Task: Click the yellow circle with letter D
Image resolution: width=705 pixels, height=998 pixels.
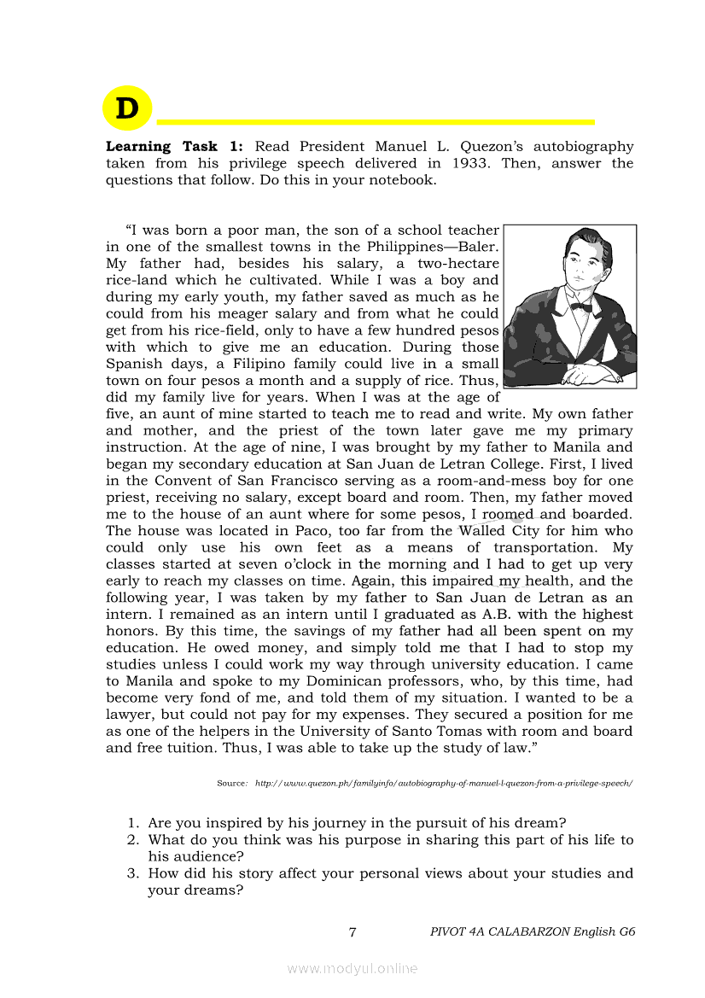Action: click(126, 108)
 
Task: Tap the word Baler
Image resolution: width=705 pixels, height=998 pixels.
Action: click(477, 247)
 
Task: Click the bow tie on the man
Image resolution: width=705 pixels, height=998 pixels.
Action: click(581, 306)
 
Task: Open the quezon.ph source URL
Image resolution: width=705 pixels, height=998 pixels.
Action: click(444, 783)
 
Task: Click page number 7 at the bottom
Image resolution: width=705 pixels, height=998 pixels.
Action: click(352, 931)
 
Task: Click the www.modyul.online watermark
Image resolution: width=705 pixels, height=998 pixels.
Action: click(352, 968)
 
